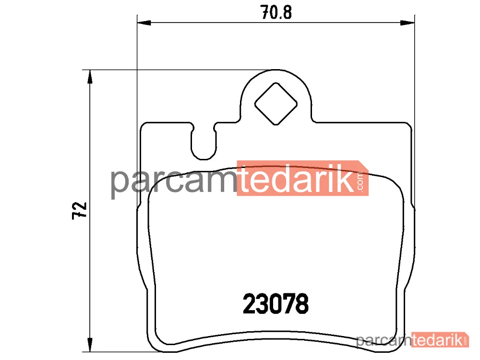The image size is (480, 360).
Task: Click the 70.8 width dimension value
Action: point(276,12)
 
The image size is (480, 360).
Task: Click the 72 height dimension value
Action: point(80,210)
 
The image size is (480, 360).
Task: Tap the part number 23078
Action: point(276,304)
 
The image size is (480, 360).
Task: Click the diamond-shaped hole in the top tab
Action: point(276,104)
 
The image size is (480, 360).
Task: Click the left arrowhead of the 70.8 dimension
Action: point(144,23)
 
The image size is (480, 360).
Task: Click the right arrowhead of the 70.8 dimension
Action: point(408,23)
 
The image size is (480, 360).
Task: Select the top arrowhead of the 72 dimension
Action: point(90,77)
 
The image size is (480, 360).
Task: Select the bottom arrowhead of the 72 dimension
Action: point(90,345)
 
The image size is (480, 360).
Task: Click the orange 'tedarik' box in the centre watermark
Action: point(302,178)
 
